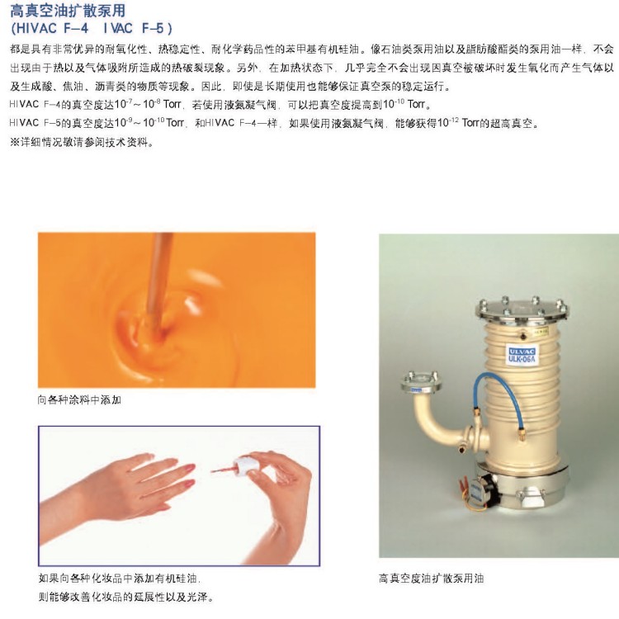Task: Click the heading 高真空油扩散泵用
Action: click(x=68, y=10)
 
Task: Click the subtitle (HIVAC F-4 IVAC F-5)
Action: click(x=91, y=28)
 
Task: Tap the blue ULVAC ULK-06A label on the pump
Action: click(x=522, y=355)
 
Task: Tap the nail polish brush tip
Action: click(x=215, y=471)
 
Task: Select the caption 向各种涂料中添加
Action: click(x=79, y=400)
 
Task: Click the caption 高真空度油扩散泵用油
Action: click(x=431, y=579)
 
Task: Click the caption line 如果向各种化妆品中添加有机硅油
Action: click(x=119, y=579)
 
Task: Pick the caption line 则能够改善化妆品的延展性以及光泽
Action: click(x=125, y=597)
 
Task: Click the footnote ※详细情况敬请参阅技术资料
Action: click(x=82, y=142)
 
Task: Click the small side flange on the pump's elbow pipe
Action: click(x=421, y=382)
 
